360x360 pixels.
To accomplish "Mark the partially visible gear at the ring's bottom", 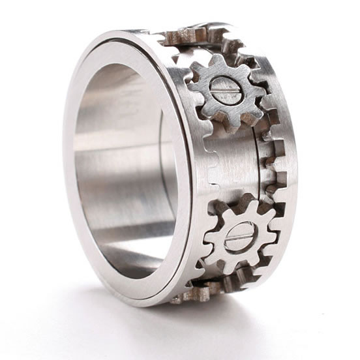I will tap(196, 293).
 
